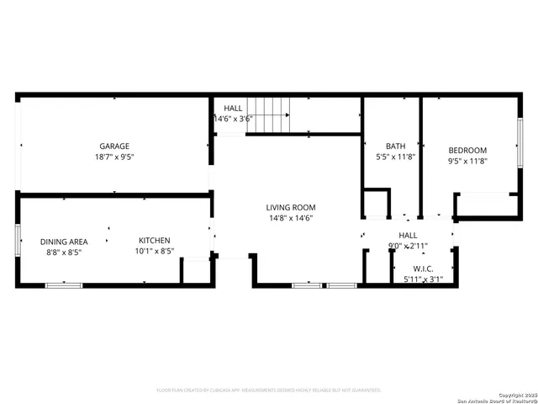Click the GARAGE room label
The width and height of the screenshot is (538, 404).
114,146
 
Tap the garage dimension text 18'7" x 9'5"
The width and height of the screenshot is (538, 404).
114,157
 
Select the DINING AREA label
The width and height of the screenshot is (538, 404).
64,242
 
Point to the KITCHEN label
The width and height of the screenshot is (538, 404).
155,240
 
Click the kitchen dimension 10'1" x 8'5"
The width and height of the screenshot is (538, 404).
155,251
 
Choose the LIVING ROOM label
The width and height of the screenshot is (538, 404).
291,207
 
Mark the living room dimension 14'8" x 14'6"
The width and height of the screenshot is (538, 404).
291,219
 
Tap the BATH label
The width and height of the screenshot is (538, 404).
395,146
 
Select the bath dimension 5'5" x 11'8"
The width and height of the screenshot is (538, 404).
395,157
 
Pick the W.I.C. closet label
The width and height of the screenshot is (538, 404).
423,268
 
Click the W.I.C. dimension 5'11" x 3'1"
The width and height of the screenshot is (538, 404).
423,279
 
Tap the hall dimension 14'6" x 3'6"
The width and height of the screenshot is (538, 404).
233,120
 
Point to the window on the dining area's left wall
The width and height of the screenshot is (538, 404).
18,238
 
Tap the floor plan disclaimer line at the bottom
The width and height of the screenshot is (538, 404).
269,391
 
